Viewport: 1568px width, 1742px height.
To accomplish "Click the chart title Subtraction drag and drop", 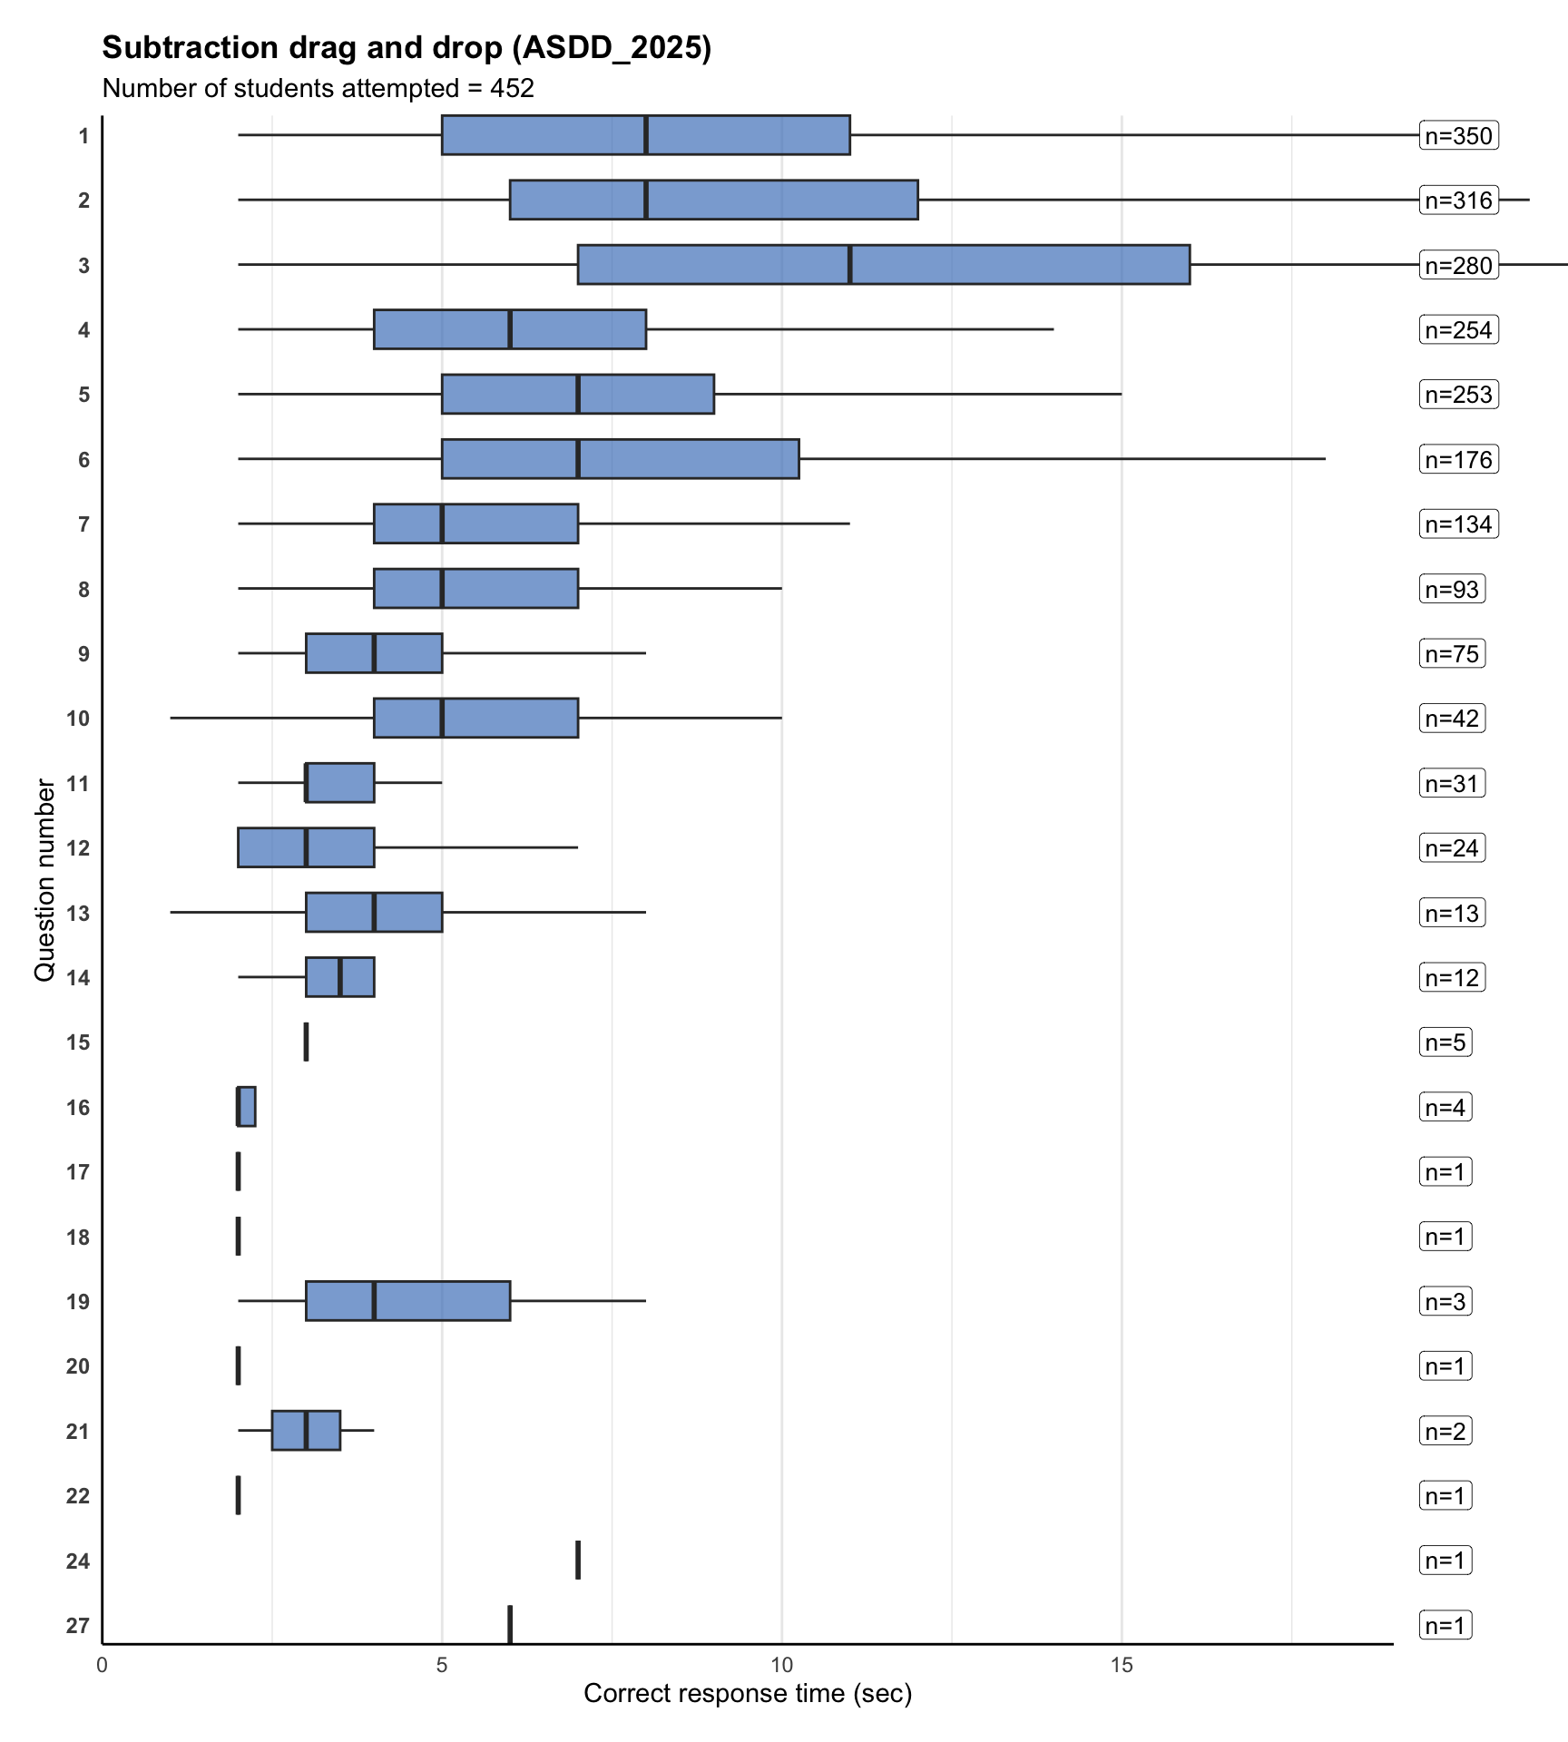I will [407, 48].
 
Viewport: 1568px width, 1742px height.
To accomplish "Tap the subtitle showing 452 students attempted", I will [318, 89].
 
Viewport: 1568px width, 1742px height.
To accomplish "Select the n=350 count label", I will [1458, 136].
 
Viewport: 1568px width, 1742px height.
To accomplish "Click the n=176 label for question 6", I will [1458, 460].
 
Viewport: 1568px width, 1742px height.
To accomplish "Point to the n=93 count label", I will [1452, 590].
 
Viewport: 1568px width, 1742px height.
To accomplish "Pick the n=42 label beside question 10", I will [1452, 719].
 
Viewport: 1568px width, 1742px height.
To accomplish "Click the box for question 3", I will [883, 265].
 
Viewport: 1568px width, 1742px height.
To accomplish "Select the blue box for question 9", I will [374, 653].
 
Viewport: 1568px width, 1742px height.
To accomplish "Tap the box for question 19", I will [407, 1301].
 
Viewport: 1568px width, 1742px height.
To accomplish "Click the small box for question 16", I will [247, 1107].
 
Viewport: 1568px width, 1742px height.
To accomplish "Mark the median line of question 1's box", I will [646, 135].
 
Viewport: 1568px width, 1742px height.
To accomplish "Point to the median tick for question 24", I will [578, 1560].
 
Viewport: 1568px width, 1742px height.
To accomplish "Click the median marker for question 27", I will [510, 1625].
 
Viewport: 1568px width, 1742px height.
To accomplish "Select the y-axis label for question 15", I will [78, 1042].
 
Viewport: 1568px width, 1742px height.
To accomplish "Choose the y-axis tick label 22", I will [78, 1495].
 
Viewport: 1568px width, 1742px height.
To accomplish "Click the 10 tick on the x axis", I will [781, 1666].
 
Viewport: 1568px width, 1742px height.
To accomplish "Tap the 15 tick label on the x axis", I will [1122, 1666].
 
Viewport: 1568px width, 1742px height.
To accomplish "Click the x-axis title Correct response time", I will [747, 1694].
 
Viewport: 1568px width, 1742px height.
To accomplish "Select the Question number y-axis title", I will [44, 880].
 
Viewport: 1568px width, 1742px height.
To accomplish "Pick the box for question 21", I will [306, 1431].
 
